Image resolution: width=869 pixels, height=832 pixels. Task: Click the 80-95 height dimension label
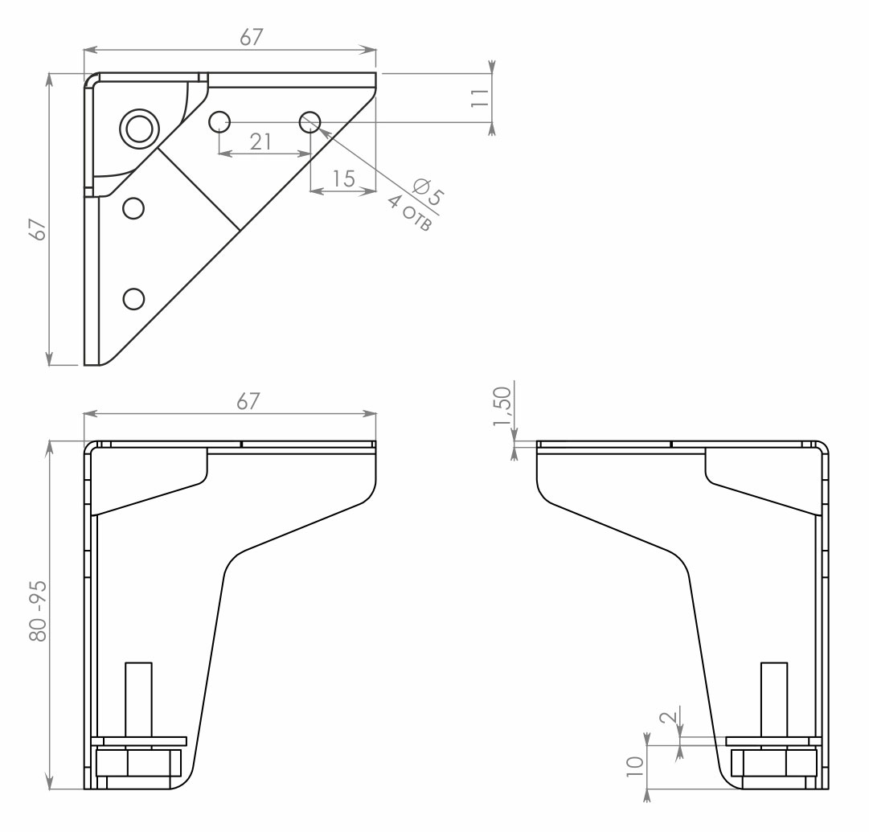point(39,612)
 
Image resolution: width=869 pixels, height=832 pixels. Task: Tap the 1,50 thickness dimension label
point(502,406)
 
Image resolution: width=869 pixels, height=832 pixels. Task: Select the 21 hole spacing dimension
point(260,141)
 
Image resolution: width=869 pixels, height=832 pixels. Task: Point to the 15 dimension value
point(343,178)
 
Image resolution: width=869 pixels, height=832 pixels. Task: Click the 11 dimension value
point(480,97)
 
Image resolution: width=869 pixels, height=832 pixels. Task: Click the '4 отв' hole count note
point(409,213)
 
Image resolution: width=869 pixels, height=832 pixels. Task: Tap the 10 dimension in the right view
point(635,766)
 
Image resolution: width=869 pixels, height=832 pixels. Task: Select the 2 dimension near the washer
point(670,716)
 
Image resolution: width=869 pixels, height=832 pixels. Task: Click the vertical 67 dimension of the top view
point(39,229)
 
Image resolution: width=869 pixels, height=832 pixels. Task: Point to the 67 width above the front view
point(248,401)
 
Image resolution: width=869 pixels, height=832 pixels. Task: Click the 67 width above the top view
point(251,37)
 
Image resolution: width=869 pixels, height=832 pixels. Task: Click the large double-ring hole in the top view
point(139,129)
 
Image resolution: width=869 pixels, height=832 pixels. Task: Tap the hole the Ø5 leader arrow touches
point(309,122)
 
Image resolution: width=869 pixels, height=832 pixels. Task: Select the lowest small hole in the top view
point(133,299)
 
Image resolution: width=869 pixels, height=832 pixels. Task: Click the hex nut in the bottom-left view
point(138,763)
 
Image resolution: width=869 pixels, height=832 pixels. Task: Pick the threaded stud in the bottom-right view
point(773,699)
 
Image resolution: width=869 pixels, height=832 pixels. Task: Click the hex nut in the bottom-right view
point(773,763)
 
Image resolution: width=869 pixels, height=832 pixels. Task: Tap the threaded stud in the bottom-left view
point(138,699)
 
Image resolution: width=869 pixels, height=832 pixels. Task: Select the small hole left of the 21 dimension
point(219,122)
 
